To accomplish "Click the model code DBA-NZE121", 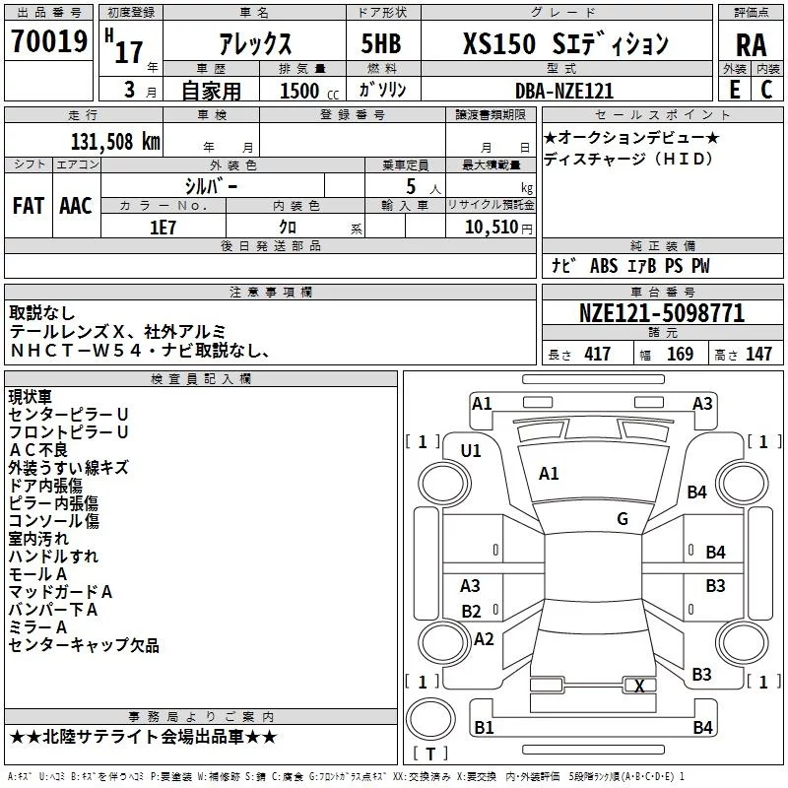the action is [563, 91].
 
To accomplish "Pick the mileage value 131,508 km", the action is [115, 141].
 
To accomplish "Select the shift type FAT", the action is [28, 205].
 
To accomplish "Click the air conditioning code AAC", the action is [76, 205].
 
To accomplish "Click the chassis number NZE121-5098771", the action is [662, 314].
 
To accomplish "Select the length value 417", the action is [597, 355].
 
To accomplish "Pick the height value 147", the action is [758, 355].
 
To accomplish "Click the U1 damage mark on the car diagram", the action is [471, 451].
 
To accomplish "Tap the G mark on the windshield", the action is [622, 519].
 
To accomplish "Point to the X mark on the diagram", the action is [639, 686].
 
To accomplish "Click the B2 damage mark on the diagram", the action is [471, 612].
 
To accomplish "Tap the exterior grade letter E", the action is [734, 91].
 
